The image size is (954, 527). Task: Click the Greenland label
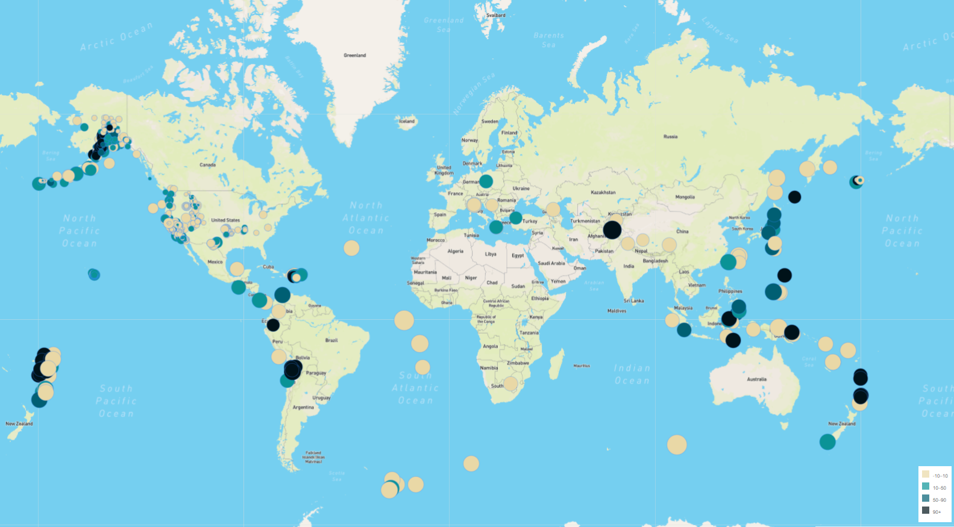pyautogui.click(x=354, y=55)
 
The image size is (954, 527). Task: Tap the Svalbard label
pyautogui.click(x=496, y=16)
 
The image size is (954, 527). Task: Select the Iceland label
pyautogui.click(x=407, y=121)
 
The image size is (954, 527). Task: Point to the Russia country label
pyautogui.click(x=670, y=137)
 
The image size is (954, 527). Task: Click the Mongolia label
pyautogui.click(x=685, y=197)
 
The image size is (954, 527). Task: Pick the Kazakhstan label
pyautogui.click(x=603, y=192)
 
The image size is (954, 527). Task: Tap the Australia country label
pyautogui.click(x=756, y=379)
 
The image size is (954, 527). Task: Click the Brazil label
pyautogui.click(x=331, y=340)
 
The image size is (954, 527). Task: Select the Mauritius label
pyautogui.click(x=582, y=366)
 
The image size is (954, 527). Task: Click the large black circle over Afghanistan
pyautogui.click(x=612, y=229)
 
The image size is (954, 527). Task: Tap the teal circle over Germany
pyautogui.click(x=486, y=181)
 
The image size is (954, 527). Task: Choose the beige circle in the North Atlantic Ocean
pyautogui.click(x=351, y=248)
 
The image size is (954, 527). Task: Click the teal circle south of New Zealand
pyautogui.click(x=827, y=442)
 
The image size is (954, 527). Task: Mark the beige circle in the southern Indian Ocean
pyautogui.click(x=677, y=444)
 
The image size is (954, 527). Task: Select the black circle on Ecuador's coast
pyautogui.click(x=273, y=325)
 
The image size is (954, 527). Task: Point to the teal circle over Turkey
pyautogui.click(x=516, y=217)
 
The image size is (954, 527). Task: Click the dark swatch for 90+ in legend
pyautogui.click(x=926, y=511)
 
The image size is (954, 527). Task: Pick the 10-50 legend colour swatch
pyautogui.click(x=926, y=487)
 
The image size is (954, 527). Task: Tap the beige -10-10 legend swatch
pyautogui.click(x=926, y=475)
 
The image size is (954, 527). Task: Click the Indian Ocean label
pyautogui.click(x=632, y=374)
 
